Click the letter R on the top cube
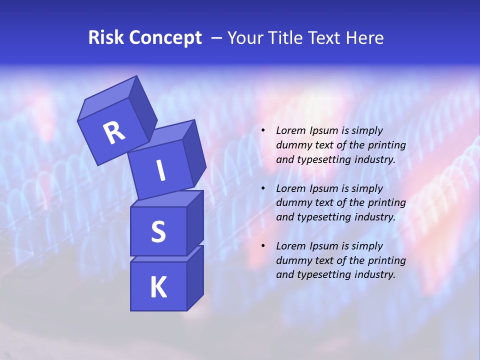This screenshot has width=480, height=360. coord(114,132)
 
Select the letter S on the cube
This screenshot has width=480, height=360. coord(158,232)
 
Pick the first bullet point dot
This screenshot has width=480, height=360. coord(263,130)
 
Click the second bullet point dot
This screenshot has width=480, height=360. coord(263,188)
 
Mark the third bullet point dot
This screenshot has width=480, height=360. coord(263,246)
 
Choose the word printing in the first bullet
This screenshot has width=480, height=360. coord(387,145)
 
